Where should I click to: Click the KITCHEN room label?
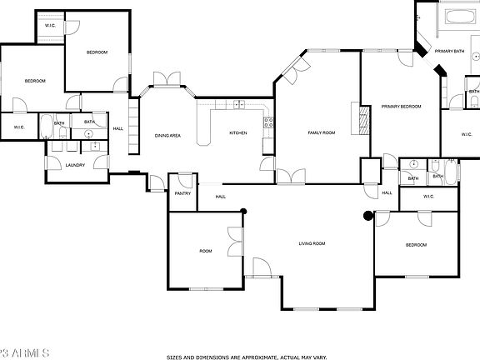point(238,132)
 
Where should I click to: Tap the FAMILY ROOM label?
point(321,132)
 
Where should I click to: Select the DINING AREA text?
point(167,135)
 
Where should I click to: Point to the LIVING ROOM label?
point(312,243)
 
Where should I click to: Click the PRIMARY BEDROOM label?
point(401,107)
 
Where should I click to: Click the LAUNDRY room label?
point(76,165)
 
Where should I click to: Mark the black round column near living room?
point(368,216)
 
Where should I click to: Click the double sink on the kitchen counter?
point(239,105)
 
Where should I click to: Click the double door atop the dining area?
point(167,79)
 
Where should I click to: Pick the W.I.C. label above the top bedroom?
point(50,26)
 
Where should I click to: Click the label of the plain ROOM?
point(205,250)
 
